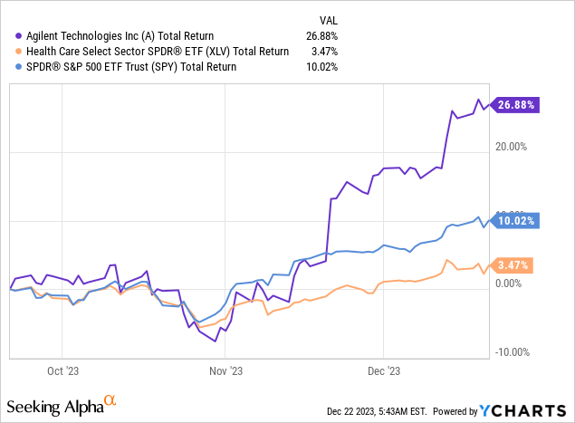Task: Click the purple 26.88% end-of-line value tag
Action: [x=515, y=104]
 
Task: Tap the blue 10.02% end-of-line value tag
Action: [x=515, y=219]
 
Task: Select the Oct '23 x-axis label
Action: [x=62, y=370]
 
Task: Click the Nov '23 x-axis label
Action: [x=224, y=370]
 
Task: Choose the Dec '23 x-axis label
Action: [x=384, y=370]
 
